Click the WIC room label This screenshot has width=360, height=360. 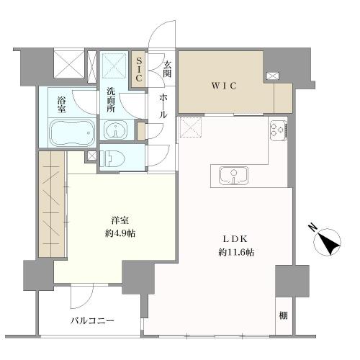[x=224, y=86]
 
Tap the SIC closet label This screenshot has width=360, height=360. [x=139, y=69]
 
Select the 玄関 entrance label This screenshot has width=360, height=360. [x=167, y=69]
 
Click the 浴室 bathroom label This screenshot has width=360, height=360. [x=61, y=104]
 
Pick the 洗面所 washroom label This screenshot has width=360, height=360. [x=111, y=100]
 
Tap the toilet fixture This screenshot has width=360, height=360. [x=112, y=158]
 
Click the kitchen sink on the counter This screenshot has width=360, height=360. [x=233, y=175]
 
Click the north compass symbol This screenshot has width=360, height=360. [x=327, y=240]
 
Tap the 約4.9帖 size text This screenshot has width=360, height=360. [x=120, y=233]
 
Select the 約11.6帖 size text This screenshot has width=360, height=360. [x=236, y=252]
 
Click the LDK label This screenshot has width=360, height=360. [x=235, y=239]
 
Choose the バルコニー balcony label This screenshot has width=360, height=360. [x=92, y=320]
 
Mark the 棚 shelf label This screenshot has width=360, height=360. [x=283, y=315]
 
